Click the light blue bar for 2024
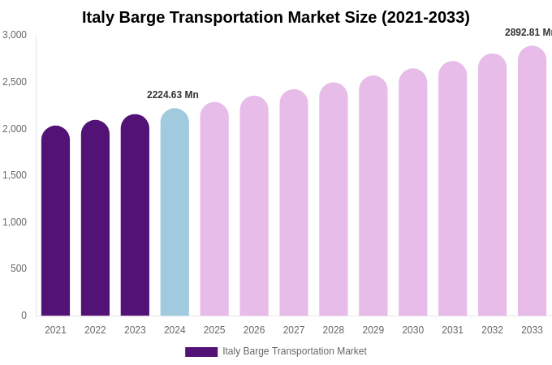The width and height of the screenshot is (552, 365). (x=175, y=213)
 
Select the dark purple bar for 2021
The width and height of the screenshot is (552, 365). (x=55, y=221)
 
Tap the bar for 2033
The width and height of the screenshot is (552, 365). (x=532, y=181)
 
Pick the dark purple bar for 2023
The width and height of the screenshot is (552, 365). (x=135, y=216)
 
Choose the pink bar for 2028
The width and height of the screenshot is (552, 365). (x=334, y=200)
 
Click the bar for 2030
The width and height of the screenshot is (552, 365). (x=412, y=192)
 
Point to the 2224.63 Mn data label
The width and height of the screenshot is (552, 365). (x=173, y=95)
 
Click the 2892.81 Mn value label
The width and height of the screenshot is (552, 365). (x=528, y=32)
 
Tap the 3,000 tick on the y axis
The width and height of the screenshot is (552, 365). (x=15, y=35)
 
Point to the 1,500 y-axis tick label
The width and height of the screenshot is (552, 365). (x=15, y=175)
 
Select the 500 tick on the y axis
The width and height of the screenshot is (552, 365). (x=18, y=268)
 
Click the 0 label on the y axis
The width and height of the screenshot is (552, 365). (x=24, y=316)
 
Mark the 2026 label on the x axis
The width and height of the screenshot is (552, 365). (x=254, y=330)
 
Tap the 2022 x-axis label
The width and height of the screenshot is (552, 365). (x=95, y=330)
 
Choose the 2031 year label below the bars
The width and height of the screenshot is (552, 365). (x=452, y=330)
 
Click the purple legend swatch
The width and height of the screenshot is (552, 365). (x=201, y=352)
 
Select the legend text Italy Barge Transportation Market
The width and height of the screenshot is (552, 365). (x=295, y=351)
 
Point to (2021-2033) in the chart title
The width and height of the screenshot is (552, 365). (x=425, y=17)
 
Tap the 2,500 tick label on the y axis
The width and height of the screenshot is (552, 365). (x=15, y=82)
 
